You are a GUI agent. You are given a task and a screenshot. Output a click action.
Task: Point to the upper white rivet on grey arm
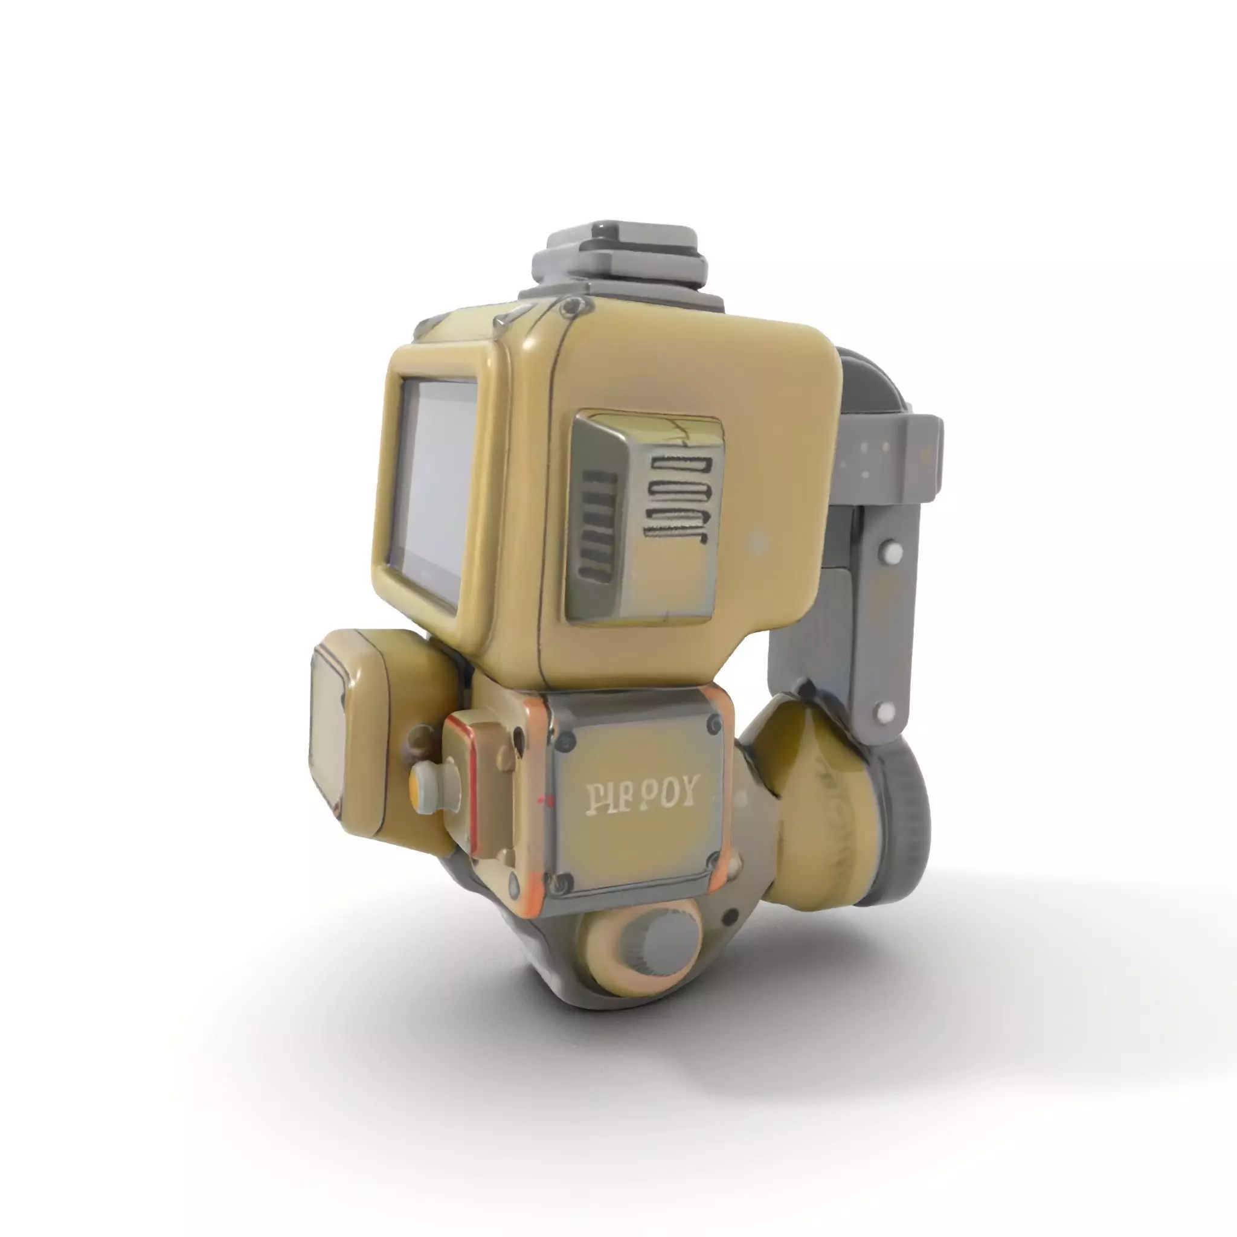pyautogui.click(x=892, y=551)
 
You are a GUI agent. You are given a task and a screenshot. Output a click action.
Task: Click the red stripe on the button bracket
pyautogui.click(x=472, y=788)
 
